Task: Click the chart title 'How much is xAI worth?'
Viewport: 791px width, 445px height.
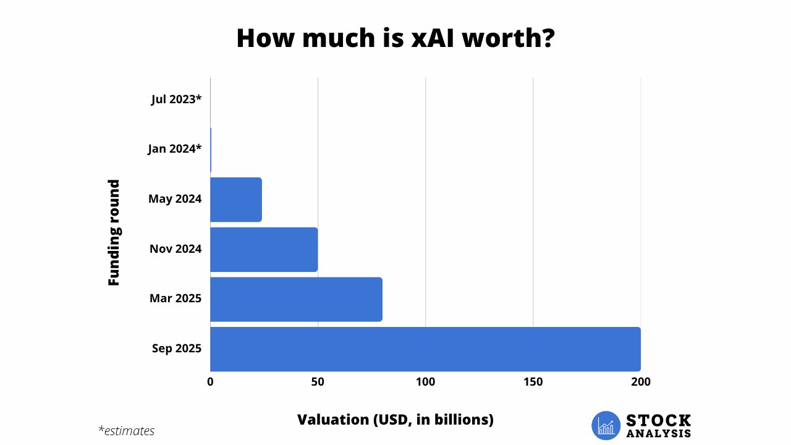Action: [x=395, y=38]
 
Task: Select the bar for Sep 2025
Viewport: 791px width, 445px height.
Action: [x=425, y=349]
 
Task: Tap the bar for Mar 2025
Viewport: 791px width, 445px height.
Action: [x=296, y=299]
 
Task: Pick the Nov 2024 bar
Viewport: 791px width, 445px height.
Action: [x=264, y=250]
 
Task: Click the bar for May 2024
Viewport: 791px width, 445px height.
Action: [x=236, y=200]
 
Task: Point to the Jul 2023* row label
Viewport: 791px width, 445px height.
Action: [x=176, y=99]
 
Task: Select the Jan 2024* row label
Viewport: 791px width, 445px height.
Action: [x=175, y=148]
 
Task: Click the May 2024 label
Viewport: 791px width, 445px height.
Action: [x=175, y=199]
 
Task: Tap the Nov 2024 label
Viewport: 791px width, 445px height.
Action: [x=176, y=249]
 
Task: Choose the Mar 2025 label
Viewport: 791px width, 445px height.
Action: [x=176, y=299]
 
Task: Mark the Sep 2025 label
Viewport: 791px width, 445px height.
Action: [x=177, y=349]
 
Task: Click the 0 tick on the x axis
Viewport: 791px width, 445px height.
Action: [x=211, y=382]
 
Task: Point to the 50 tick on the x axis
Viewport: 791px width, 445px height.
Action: [x=318, y=382]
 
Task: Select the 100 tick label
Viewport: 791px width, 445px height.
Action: [x=425, y=382]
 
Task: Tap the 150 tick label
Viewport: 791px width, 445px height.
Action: [x=533, y=382]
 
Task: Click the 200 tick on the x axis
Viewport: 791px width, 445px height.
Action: [x=640, y=382]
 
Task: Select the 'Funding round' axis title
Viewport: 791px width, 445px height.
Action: [x=114, y=232]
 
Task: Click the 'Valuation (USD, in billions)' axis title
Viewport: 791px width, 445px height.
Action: [x=395, y=420]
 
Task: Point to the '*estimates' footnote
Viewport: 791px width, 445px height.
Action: [x=126, y=431]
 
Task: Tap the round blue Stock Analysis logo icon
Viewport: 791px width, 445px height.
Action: [x=606, y=426]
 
